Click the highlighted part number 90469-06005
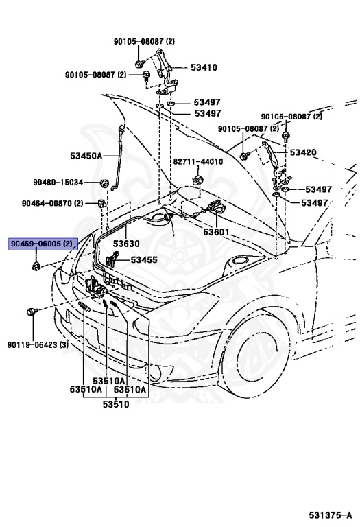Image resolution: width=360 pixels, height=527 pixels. coord(37,244)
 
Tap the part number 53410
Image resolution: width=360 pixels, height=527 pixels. coord(204,67)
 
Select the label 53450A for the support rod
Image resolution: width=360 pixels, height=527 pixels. coord(86,156)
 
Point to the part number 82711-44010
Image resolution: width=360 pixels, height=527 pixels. coord(197,162)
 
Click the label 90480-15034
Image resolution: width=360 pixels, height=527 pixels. coord(58,182)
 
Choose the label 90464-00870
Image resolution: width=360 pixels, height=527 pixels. coord(47,203)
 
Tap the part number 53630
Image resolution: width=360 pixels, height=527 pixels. coord(126,244)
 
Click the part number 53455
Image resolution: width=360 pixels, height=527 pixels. coord(144,260)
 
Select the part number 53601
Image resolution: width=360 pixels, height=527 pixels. coord(216,232)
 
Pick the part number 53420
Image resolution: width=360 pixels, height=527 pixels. coord(303,152)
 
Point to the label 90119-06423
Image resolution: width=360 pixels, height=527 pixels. coord(32,345)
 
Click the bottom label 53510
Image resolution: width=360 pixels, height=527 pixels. coord(116,404)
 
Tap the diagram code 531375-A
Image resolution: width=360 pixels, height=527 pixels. coord(331,515)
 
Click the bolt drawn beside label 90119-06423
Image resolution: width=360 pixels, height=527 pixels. coord(32,312)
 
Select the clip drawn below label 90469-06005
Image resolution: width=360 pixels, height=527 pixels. coord(36,267)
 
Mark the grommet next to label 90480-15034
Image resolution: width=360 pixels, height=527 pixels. coord(104,183)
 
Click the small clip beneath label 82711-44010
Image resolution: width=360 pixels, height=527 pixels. coord(197,180)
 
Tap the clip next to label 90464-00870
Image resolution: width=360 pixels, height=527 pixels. coord(101,203)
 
